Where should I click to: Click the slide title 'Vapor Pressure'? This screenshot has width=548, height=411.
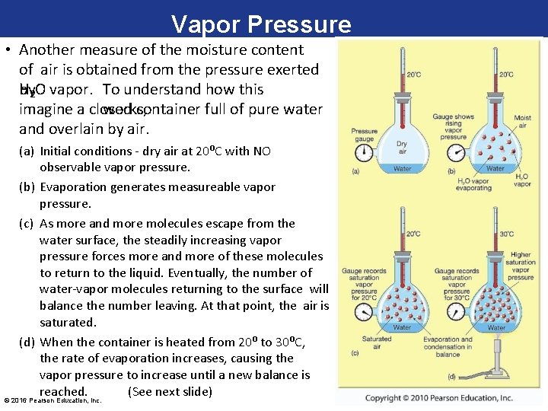tap(261, 24)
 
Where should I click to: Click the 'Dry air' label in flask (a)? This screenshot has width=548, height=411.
tap(402, 147)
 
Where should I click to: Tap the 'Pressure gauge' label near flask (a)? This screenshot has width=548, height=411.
tap(365, 135)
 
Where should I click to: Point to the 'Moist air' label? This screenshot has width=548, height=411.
tap(523, 123)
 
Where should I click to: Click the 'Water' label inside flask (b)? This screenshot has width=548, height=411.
tap(495, 168)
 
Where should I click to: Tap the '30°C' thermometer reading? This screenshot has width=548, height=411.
tap(505, 234)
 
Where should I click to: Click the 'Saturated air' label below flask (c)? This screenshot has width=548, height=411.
tap(377, 343)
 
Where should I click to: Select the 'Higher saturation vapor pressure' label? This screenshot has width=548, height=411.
tap(521, 266)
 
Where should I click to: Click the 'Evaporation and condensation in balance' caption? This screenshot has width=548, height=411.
tap(448, 346)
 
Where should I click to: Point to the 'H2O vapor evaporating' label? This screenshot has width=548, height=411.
tap(473, 184)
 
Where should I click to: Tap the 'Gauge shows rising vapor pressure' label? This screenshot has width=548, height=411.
tap(453, 126)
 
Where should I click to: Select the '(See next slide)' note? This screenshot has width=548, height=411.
tap(170, 391)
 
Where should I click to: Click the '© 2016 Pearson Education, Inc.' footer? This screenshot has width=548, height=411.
tap(53, 400)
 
